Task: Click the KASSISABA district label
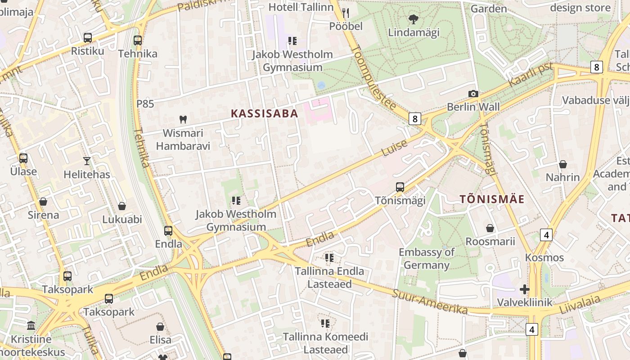click(x=265, y=113)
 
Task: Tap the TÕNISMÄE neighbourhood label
click(x=492, y=199)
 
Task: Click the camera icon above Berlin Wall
click(x=473, y=94)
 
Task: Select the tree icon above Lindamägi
click(x=413, y=19)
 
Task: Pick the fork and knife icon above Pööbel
click(x=346, y=13)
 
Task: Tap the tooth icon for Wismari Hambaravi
click(x=183, y=120)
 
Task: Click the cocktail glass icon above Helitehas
click(x=87, y=161)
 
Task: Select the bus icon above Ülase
click(x=23, y=158)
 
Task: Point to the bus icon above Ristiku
click(x=88, y=38)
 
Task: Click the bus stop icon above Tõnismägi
click(x=400, y=187)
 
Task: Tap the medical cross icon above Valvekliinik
click(x=524, y=289)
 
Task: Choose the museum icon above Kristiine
click(x=31, y=325)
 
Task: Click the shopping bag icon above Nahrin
click(x=562, y=164)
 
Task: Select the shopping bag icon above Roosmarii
click(x=490, y=229)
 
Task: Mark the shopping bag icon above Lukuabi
click(x=121, y=207)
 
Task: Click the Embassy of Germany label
click(x=427, y=258)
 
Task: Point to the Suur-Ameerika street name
click(x=430, y=302)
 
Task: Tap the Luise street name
click(x=395, y=148)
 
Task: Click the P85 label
click(x=145, y=104)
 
